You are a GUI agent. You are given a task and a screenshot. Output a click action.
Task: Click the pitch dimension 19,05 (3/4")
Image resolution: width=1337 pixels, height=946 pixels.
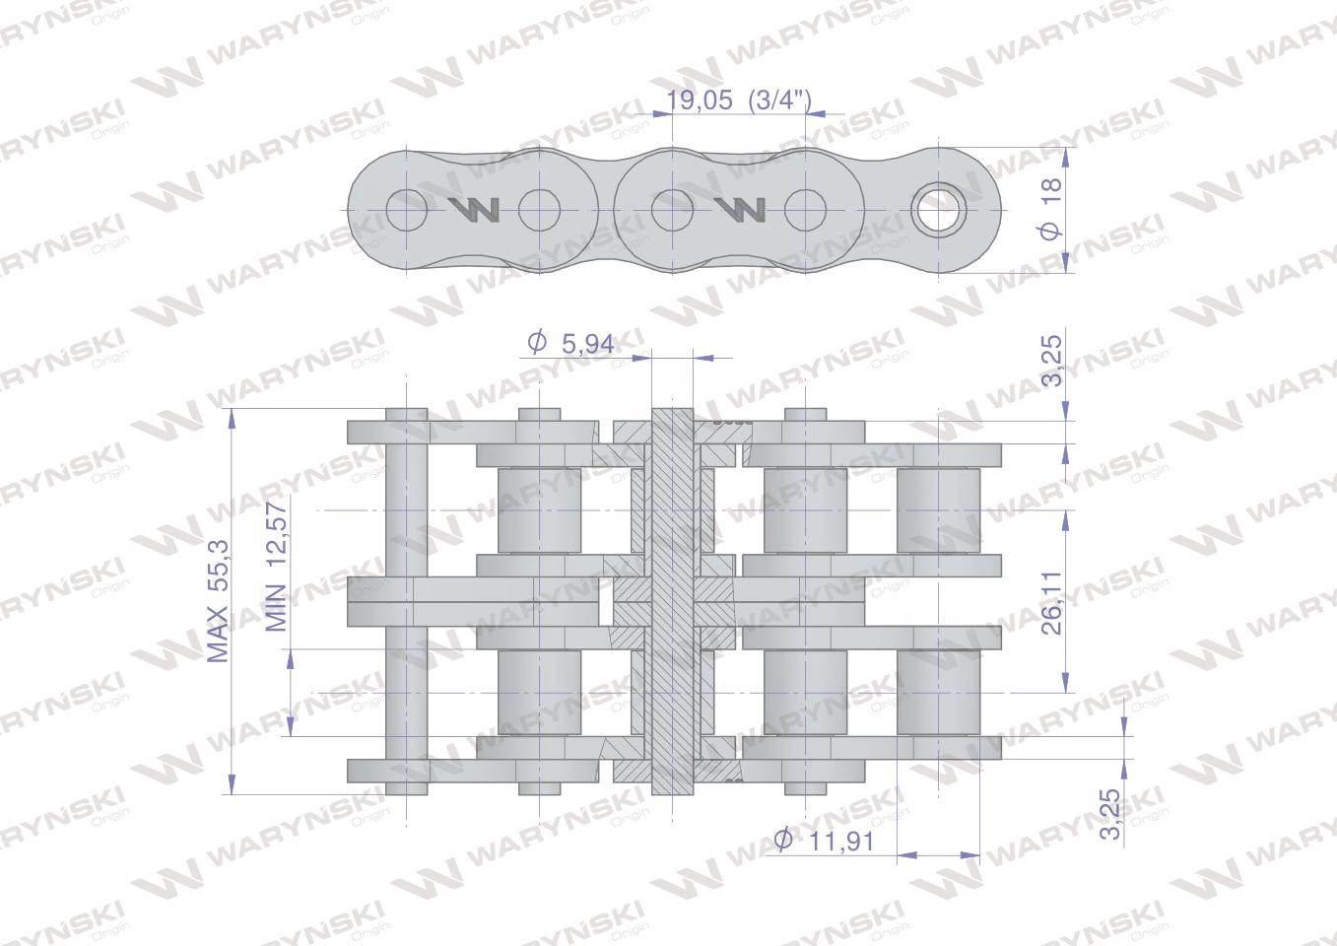(738, 100)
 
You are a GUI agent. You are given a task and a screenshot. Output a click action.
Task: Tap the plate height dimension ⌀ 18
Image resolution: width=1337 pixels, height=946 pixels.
(1051, 209)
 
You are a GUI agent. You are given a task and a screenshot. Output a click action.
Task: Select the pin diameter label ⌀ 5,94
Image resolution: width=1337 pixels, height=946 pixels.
(570, 343)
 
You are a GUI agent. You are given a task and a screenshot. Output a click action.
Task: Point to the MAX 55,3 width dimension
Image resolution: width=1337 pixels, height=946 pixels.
(219, 603)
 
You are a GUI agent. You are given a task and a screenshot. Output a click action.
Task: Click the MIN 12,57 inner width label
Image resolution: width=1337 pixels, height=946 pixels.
(276, 567)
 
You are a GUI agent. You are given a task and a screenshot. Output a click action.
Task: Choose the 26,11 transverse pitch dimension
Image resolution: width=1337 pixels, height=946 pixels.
(1051, 603)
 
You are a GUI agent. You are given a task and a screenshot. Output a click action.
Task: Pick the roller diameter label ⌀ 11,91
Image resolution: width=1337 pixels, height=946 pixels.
(824, 841)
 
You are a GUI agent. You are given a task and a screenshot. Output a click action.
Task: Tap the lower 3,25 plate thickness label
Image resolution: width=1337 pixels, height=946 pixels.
(1110, 814)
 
